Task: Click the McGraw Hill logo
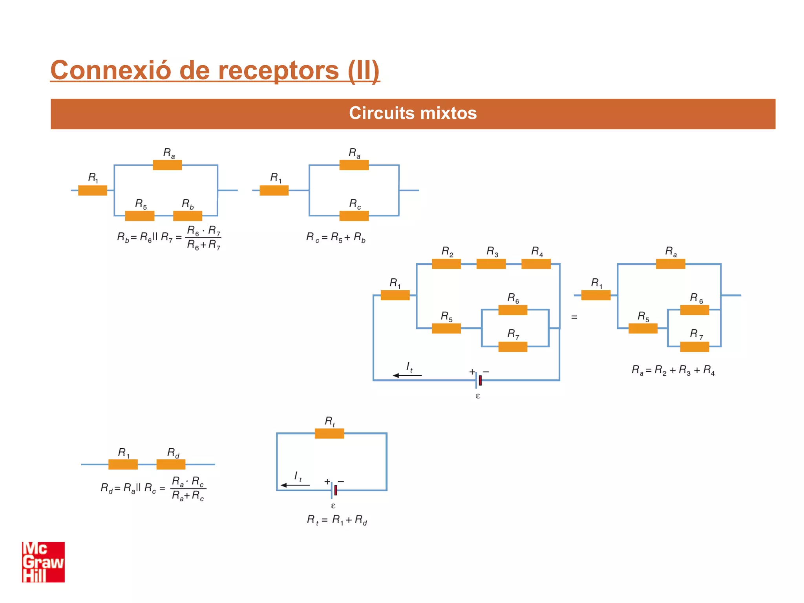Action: pyautogui.click(x=43, y=562)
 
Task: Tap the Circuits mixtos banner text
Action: pyautogui.click(x=413, y=113)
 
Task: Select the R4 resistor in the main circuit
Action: pyautogui.click(x=536, y=264)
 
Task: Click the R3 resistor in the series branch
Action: pyautogui.click(x=491, y=264)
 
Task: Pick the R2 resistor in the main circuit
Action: pyautogui.click(x=446, y=264)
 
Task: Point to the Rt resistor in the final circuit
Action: pyautogui.click(x=329, y=433)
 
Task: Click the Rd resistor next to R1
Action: pyautogui.click(x=171, y=464)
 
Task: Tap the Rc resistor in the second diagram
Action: pyautogui.click(x=354, y=216)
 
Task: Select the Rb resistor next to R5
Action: pyautogui.click(x=188, y=216)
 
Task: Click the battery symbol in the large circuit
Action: pyautogui.click(x=478, y=380)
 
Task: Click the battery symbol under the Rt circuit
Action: pyautogui.click(x=334, y=490)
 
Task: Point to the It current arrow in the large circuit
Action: pyautogui.click(x=407, y=375)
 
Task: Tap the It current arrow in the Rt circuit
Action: pyautogui.click(x=295, y=485)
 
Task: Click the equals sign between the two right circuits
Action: pyautogui.click(x=574, y=317)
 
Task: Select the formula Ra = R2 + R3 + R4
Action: pyautogui.click(x=673, y=370)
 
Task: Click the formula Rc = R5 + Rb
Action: pyautogui.click(x=336, y=237)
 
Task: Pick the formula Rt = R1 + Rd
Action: pyautogui.click(x=337, y=520)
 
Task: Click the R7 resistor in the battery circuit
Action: pyautogui.click(x=513, y=347)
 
